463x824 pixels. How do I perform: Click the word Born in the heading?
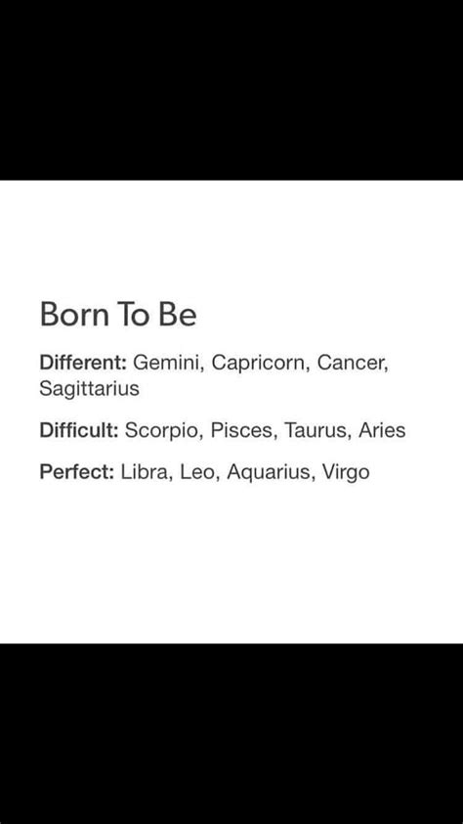coord(75,315)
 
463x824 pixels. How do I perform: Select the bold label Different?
coord(83,363)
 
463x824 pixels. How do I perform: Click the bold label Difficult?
coord(79,430)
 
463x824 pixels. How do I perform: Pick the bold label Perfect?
coord(77,472)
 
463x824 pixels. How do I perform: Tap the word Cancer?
coord(353,364)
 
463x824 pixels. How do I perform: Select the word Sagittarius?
coord(89,389)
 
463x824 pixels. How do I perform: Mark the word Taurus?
coord(316,431)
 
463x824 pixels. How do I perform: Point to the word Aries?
coord(382,430)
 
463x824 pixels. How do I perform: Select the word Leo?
coord(198,473)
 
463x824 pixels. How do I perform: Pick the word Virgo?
coord(346,473)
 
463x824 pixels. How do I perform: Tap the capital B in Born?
coord(50,315)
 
